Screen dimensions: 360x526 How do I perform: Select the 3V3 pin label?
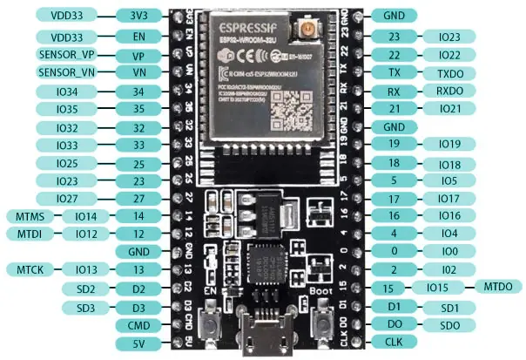coord(138,16)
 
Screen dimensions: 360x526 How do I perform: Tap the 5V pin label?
coord(138,343)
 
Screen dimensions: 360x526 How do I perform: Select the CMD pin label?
coord(138,325)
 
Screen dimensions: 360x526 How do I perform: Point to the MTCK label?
coord(24,269)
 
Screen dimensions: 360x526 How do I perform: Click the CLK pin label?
coord(394,343)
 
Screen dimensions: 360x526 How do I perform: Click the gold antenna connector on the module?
coord(307,35)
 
